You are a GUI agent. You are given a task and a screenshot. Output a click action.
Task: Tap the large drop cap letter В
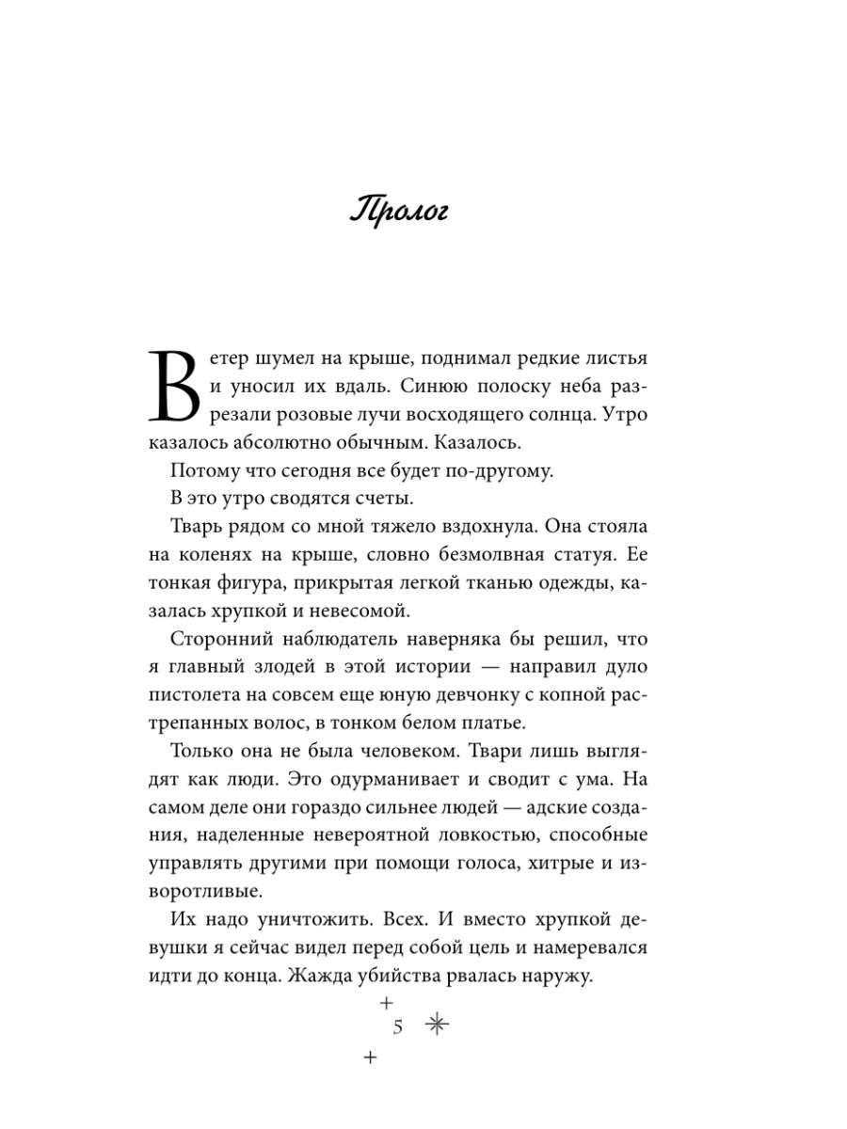coord(176,388)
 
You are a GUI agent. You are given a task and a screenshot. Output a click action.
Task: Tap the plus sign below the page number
coord(369,1057)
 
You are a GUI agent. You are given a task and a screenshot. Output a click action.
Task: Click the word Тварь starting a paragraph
coord(201,527)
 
